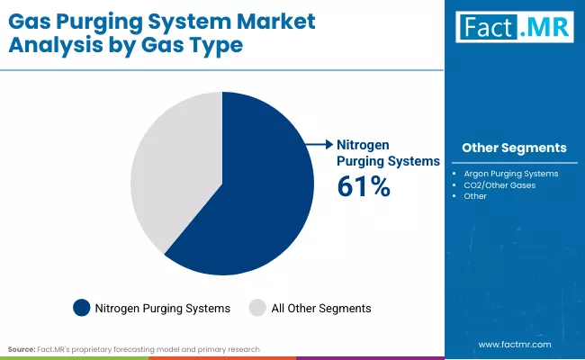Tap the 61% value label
pyautogui.click(x=363, y=186)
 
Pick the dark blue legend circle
pyautogui.click(x=82, y=308)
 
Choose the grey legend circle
pyautogui.click(x=257, y=308)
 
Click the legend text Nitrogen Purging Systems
pyautogui.click(x=162, y=308)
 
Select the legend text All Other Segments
pyautogui.click(x=321, y=308)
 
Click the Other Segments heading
pyautogui.click(x=514, y=148)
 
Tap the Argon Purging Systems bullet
pyautogui.click(x=511, y=173)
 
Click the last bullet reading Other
pyautogui.click(x=476, y=195)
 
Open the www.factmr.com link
pyautogui.click(x=514, y=344)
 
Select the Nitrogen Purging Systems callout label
pyautogui.click(x=387, y=152)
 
